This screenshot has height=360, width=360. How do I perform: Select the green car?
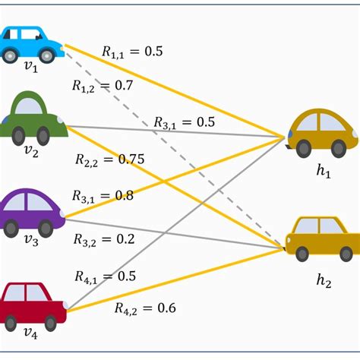pyautogui.click(x=33, y=118)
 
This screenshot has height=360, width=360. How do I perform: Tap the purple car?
pyautogui.click(x=31, y=212)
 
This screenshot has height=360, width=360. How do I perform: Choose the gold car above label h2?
pyautogui.click(x=323, y=238)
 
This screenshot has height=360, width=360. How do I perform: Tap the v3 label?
pyautogui.click(x=30, y=242)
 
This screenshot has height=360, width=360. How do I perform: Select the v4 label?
pyautogui.click(x=30, y=331)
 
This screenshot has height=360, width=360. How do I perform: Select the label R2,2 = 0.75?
pyautogui.click(x=109, y=159)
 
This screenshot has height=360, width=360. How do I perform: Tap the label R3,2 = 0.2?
pyautogui.click(x=103, y=239)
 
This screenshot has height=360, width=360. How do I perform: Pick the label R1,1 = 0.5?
pyautogui.click(x=132, y=52)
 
